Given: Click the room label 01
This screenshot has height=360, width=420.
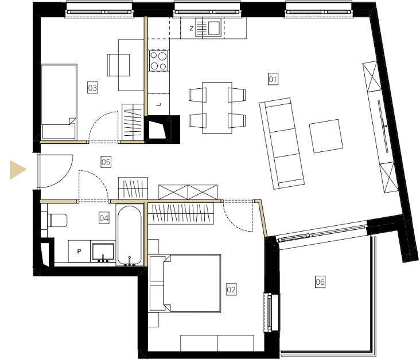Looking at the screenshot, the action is click(273, 79).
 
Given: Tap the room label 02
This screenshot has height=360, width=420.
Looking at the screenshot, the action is click(231, 289).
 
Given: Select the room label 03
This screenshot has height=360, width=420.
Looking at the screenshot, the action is click(92, 88).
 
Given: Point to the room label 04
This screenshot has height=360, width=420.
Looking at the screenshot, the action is click(104, 218).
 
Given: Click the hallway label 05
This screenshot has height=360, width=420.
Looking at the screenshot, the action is click(106, 162).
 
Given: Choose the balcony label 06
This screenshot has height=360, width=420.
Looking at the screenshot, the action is click(320, 282).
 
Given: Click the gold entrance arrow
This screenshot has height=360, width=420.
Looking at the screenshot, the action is click(18, 170).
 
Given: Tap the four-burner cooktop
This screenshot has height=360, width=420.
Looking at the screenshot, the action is click(158, 61).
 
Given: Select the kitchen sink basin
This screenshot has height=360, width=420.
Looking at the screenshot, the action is click(214, 28).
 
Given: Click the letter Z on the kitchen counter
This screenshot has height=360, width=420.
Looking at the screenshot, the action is click(191, 28).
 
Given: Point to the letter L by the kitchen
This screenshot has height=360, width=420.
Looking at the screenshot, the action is click(158, 105).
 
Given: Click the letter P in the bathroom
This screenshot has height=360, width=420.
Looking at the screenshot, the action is click(79, 251).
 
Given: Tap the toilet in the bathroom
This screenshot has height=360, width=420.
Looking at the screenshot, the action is click(57, 220).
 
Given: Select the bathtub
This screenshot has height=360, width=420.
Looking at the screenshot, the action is click(130, 236).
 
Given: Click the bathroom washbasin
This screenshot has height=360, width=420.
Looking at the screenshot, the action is click(103, 252).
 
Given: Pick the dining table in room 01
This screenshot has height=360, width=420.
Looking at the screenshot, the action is click(217, 108).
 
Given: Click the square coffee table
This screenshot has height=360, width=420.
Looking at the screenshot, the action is click(326, 136).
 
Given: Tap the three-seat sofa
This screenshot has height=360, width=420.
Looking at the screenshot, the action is click(282, 143).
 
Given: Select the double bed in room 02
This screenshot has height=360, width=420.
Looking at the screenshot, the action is click(192, 283).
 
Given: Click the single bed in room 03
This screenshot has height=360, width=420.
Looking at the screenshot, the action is click(59, 101).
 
